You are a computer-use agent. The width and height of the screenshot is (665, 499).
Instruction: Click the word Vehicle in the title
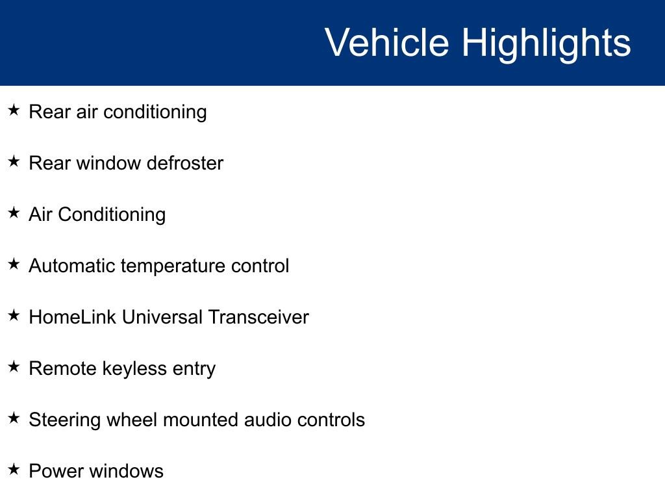[387, 42]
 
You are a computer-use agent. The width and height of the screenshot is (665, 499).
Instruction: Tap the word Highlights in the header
[546, 45]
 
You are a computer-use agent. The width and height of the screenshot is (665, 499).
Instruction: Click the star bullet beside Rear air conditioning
[14, 110]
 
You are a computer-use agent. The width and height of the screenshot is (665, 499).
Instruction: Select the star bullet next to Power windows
[14, 469]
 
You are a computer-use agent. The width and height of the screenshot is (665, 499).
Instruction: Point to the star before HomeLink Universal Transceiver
[14, 315]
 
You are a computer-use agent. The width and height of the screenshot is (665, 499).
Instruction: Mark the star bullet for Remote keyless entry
[14, 366]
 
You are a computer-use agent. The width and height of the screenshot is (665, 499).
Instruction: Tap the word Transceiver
[258, 317]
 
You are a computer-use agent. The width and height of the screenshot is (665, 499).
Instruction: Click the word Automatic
[72, 266]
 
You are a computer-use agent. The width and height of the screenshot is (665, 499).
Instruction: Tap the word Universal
[162, 317]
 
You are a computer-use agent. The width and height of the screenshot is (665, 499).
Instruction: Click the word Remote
[63, 368]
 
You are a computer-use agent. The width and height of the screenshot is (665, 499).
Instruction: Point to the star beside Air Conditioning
[14, 212]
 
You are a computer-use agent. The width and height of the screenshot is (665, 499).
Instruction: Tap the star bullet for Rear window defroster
[14, 161]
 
